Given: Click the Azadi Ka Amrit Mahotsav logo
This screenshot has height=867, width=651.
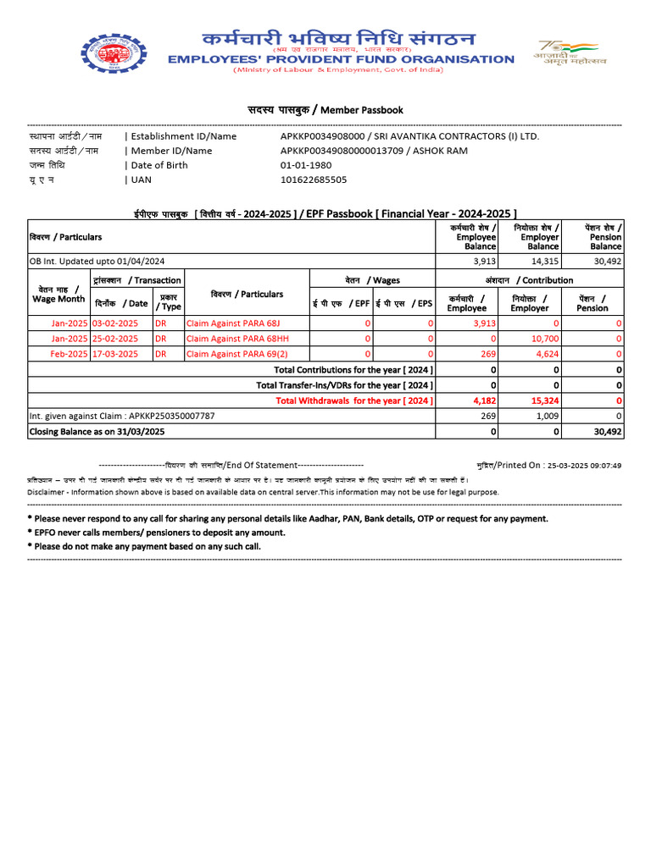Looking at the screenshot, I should [565, 52].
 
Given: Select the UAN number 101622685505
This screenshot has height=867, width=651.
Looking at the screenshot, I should [314, 179].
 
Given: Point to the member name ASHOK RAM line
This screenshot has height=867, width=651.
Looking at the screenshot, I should [374, 151].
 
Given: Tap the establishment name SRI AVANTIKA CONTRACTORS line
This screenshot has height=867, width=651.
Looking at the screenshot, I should [409, 136].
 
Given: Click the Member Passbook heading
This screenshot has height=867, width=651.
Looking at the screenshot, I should [325, 110].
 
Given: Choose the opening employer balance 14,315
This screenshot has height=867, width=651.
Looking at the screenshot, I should [545, 262].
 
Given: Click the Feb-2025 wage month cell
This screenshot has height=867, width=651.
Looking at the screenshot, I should [69, 354].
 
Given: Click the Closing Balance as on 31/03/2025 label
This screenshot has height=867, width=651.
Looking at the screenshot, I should [97, 432].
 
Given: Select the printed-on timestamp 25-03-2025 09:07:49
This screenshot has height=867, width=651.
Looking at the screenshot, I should [584, 466].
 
